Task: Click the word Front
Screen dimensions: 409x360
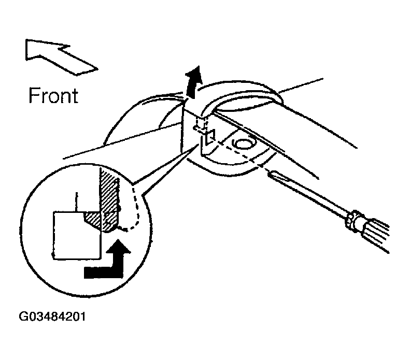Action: [x=53, y=95]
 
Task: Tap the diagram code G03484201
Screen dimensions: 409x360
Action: [x=52, y=316]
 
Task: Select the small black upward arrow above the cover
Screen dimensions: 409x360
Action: [x=193, y=82]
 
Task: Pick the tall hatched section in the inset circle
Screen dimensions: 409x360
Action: [x=110, y=201]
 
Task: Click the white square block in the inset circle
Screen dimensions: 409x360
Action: [x=76, y=235]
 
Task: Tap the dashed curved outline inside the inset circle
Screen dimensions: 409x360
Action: [x=134, y=209]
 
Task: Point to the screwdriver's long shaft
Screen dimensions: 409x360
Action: [x=311, y=194]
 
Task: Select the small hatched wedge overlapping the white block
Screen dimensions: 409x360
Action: [x=92, y=220]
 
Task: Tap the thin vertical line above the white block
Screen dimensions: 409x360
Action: [x=76, y=201]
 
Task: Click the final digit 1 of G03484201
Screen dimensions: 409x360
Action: [x=83, y=316]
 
